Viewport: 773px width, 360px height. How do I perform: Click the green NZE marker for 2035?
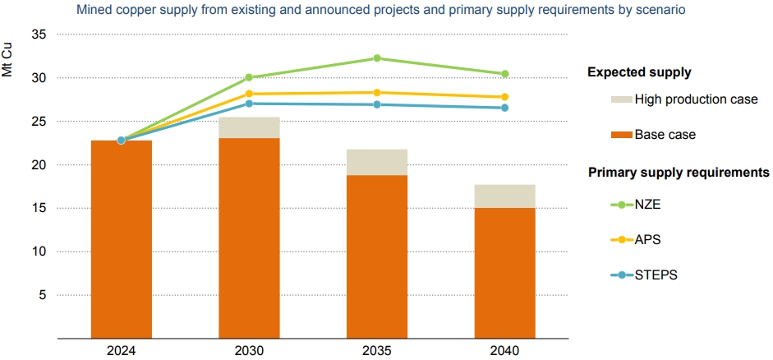tap(377, 58)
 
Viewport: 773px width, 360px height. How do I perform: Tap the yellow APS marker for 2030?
tap(249, 94)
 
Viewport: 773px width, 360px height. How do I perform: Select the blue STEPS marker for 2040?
tap(505, 108)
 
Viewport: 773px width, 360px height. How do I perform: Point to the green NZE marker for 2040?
tap(505, 74)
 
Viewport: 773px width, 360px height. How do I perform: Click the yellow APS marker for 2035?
tap(377, 93)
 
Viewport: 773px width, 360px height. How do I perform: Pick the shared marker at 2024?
tap(122, 140)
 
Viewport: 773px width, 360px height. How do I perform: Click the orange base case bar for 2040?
tap(505, 273)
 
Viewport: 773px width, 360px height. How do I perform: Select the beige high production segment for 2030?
tap(249, 127)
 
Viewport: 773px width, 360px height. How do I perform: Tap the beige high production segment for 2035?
tap(377, 162)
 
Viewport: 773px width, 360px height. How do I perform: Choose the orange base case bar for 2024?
tap(122, 239)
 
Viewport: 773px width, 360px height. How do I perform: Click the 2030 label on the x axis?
tap(249, 351)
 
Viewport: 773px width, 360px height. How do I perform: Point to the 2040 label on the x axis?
tap(505, 351)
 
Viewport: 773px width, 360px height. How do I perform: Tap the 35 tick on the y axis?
tap(40, 35)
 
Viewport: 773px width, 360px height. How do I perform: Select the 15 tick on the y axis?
tap(40, 209)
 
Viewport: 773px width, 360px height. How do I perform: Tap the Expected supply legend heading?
tap(638, 73)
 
